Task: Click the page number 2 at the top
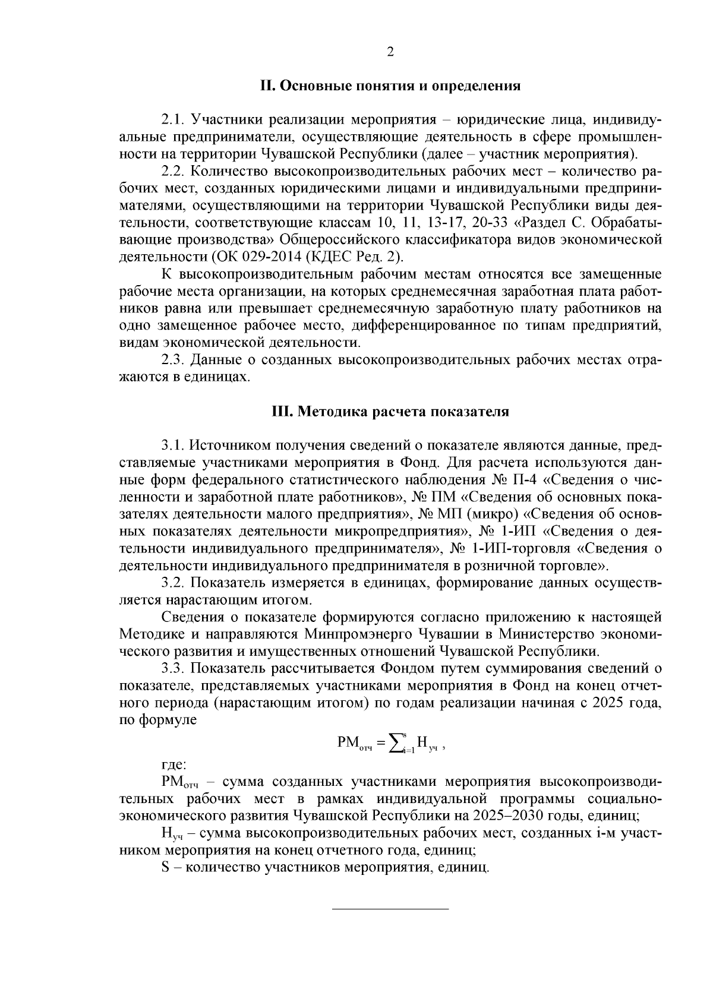[390, 52]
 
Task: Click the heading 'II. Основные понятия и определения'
[390, 86]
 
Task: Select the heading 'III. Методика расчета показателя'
[390, 411]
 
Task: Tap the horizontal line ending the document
[390, 908]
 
